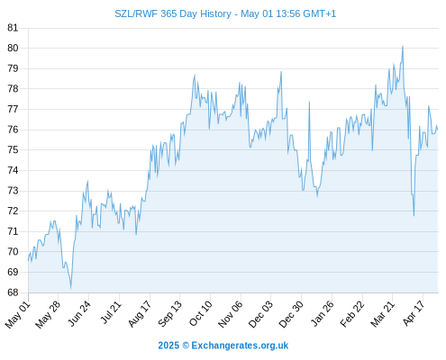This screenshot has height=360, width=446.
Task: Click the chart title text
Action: tap(225, 13)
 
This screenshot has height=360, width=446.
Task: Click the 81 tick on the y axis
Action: tap(13, 28)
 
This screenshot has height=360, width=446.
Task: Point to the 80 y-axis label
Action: tap(13, 48)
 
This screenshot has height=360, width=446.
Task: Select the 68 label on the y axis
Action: tap(13, 292)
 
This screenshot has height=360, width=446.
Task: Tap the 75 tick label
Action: tap(13, 149)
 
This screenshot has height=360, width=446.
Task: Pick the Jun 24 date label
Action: tap(79, 314)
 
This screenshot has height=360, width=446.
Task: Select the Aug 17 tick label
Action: tap(140, 314)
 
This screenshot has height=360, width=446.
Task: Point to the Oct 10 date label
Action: tap(201, 313)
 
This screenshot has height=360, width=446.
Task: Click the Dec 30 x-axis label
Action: tap(291, 314)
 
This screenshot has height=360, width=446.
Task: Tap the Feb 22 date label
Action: tap(352, 314)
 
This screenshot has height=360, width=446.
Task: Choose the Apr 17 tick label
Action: tap(414, 313)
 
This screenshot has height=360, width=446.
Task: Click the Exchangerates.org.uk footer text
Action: tap(240, 346)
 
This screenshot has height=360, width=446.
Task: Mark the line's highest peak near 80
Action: tap(403, 46)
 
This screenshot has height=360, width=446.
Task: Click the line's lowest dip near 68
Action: tap(71, 289)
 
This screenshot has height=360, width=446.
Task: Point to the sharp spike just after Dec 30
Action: tap(309, 102)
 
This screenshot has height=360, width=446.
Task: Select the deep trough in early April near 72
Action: tap(414, 216)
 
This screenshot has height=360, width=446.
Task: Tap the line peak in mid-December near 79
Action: tap(281, 71)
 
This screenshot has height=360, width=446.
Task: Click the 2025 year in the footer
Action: tap(168, 346)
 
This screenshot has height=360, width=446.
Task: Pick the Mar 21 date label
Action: tap(383, 314)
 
